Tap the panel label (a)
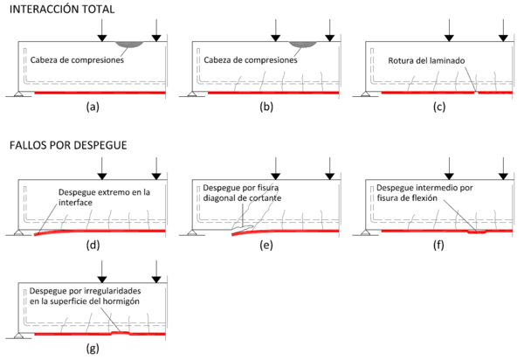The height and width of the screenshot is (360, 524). click(93, 107)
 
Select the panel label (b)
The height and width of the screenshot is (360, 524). click(265, 107)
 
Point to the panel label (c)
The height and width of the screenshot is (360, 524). click(438, 107)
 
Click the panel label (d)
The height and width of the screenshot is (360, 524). click(93, 245)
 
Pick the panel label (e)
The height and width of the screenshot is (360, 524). click(265, 245)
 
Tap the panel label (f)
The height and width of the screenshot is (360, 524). click(438, 245)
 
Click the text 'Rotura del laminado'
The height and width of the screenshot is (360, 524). click(428, 60)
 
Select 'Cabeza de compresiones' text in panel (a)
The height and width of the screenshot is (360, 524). click(77, 60)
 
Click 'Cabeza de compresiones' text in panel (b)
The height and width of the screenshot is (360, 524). click(251, 60)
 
